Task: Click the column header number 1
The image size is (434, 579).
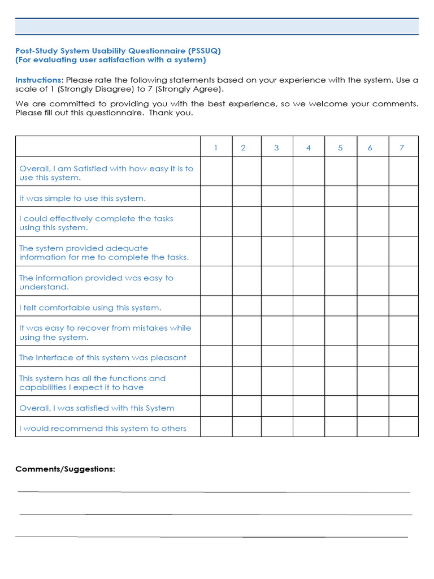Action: point(216,148)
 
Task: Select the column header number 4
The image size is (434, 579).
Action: point(309,148)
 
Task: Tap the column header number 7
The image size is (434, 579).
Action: point(402,148)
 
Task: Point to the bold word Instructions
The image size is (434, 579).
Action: point(38,80)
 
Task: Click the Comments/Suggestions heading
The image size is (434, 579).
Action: point(65,469)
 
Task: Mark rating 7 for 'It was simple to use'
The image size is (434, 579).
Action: point(403,197)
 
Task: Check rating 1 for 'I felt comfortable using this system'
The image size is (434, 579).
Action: point(216,306)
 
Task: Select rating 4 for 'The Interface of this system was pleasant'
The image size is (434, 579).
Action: point(309,356)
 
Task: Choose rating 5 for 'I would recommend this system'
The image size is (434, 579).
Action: point(340,427)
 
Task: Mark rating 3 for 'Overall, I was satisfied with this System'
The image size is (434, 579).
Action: point(276,406)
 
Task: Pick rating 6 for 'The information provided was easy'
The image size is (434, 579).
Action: point(372,281)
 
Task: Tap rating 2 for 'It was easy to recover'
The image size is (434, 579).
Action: point(246,331)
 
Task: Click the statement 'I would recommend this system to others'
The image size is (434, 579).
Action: point(103,429)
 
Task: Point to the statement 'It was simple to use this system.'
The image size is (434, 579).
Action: point(83,198)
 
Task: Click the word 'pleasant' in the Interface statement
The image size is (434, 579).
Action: point(167,358)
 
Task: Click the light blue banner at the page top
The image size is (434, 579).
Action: point(217,27)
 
